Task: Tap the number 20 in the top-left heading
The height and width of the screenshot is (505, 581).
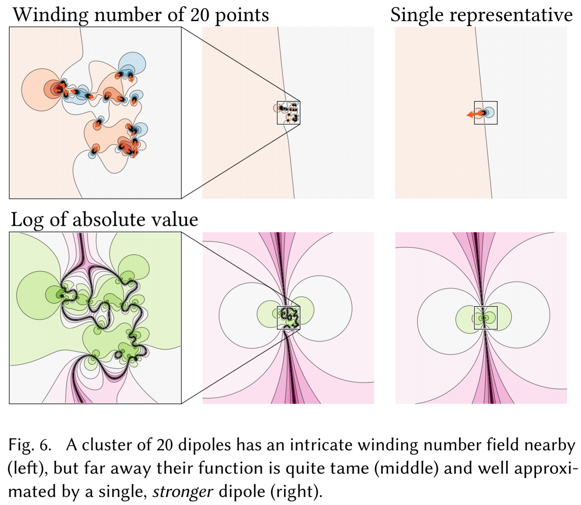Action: pos(199,15)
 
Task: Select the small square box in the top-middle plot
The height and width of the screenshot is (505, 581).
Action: pos(289,113)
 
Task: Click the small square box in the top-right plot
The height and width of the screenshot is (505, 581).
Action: pos(486,113)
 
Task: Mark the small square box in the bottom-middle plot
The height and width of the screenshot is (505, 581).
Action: pos(289,318)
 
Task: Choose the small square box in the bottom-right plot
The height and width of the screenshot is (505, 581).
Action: pos(486,318)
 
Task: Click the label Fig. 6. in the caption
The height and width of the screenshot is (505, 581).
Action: pos(30,445)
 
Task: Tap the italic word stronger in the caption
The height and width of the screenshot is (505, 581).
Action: pos(183,491)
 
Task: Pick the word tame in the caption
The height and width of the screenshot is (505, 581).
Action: pos(353,468)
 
